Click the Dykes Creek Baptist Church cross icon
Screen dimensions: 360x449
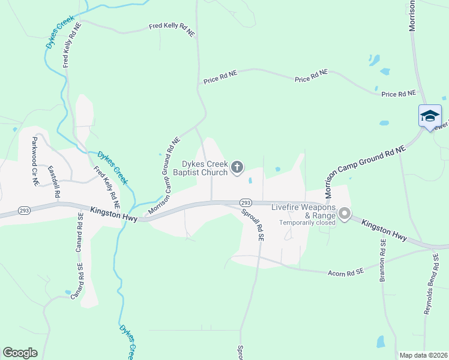coord(238,167)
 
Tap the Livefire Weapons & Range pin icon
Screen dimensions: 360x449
coord(345,214)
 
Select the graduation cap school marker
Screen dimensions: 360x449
coord(430,115)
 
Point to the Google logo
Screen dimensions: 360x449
coord(20,353)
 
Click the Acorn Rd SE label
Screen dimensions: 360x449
coord(346,272)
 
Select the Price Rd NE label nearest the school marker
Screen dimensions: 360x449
coord(399,94)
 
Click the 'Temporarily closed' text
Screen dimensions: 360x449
coord(306,223)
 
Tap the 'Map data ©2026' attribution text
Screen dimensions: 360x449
coord(423,355)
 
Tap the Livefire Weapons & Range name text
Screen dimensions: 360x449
coord(303,212)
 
